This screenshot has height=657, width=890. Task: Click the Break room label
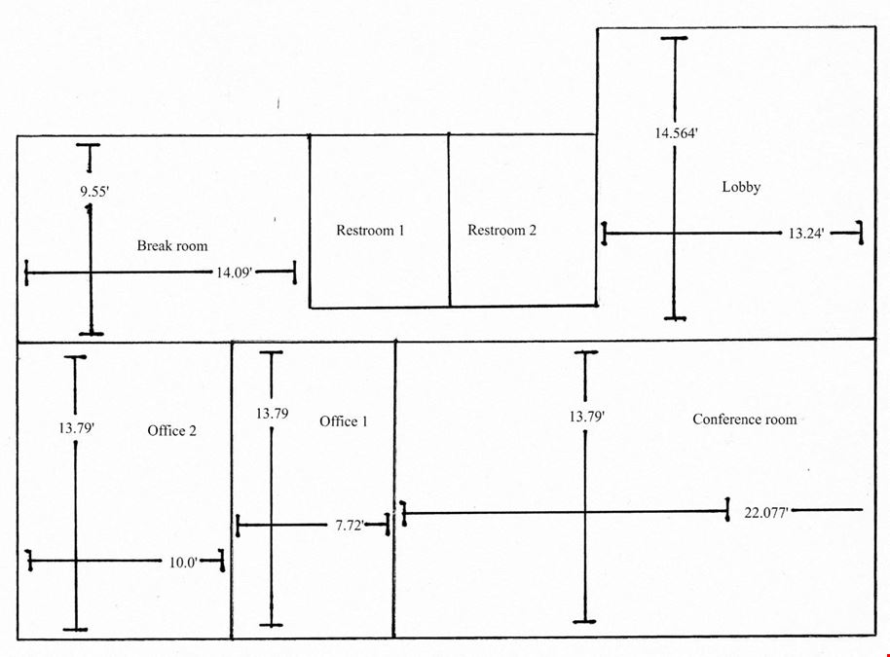172,246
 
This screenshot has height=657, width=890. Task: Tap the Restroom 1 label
370,231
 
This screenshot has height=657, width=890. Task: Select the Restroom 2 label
501,231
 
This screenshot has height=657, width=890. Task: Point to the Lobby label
741,187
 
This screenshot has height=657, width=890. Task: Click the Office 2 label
172,430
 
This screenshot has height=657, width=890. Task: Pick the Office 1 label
344,421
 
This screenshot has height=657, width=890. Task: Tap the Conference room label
745,420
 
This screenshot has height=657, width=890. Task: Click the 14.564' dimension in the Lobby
676,133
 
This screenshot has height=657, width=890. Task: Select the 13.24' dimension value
806,234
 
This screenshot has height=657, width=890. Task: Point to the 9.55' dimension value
94,192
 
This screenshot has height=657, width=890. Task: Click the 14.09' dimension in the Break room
234,273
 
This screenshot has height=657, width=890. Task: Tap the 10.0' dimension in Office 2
183,563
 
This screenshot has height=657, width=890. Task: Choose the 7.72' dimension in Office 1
349,526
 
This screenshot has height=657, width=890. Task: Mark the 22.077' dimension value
766,513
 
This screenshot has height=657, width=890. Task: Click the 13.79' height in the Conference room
587,417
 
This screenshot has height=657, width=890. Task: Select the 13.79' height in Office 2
76,428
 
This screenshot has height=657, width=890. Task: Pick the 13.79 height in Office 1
272,415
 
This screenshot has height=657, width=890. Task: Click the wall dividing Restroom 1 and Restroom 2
449,220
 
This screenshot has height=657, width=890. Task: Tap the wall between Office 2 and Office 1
232,491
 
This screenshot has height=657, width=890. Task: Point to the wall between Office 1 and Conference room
394,489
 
